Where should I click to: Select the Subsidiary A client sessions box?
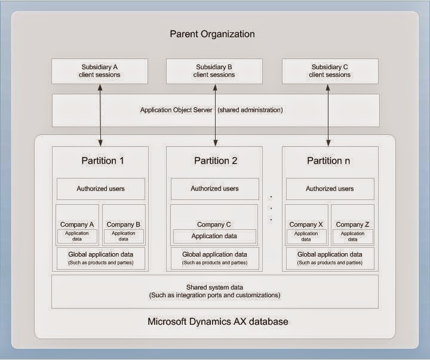pyautogui.click(x=99, y=71)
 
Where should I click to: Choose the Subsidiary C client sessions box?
pyautogui.click(x=330, y=71)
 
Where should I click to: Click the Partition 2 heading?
pyautogui.click(x=215, y=161)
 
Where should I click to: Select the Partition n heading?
pyautogui.click(x=328, y=161)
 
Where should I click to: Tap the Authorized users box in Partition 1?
pyautogui.click(x=100, y=189)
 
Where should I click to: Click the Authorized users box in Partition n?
pyautogui.click(x=330, y=189)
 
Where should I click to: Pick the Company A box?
pyautogui.click(x=77, y=225)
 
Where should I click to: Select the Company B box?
pyautogui.click(x=124, y=225)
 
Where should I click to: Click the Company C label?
pyautogui.click(x=214, y=224)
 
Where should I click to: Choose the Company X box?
pyautogui.click(x=306, y=225)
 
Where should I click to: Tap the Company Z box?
pyautogui.click(x=352, y=225)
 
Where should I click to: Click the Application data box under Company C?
pyautogui.click(x=214, y=236)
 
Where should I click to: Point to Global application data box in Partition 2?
pyautogui.click(x=214, y=258)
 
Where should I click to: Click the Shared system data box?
pyautogui.click(x=215, y=291)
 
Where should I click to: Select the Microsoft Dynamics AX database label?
pyautogui.click(x=218, y=322)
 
